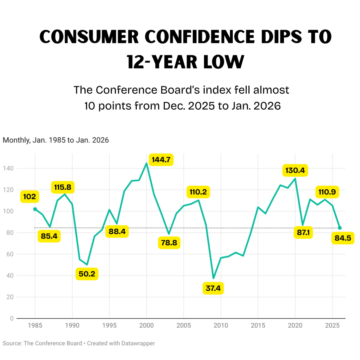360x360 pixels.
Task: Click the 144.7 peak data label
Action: coord(161,160)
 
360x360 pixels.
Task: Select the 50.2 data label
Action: coord(87,274)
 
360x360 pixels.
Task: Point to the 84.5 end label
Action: coord(343,239)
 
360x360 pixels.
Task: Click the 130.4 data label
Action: coord(295,170)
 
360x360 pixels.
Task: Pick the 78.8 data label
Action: coord(170,243)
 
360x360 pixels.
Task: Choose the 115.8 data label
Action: coord(64,187)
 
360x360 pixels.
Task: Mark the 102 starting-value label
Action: coord(30,197)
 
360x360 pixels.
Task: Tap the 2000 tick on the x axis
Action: coord(146,326)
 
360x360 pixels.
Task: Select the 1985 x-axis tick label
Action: coord(35,326)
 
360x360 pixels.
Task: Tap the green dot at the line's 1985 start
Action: coord(35,209)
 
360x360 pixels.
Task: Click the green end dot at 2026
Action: coord(340,228)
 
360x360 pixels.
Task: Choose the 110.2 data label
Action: coord(198,192)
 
